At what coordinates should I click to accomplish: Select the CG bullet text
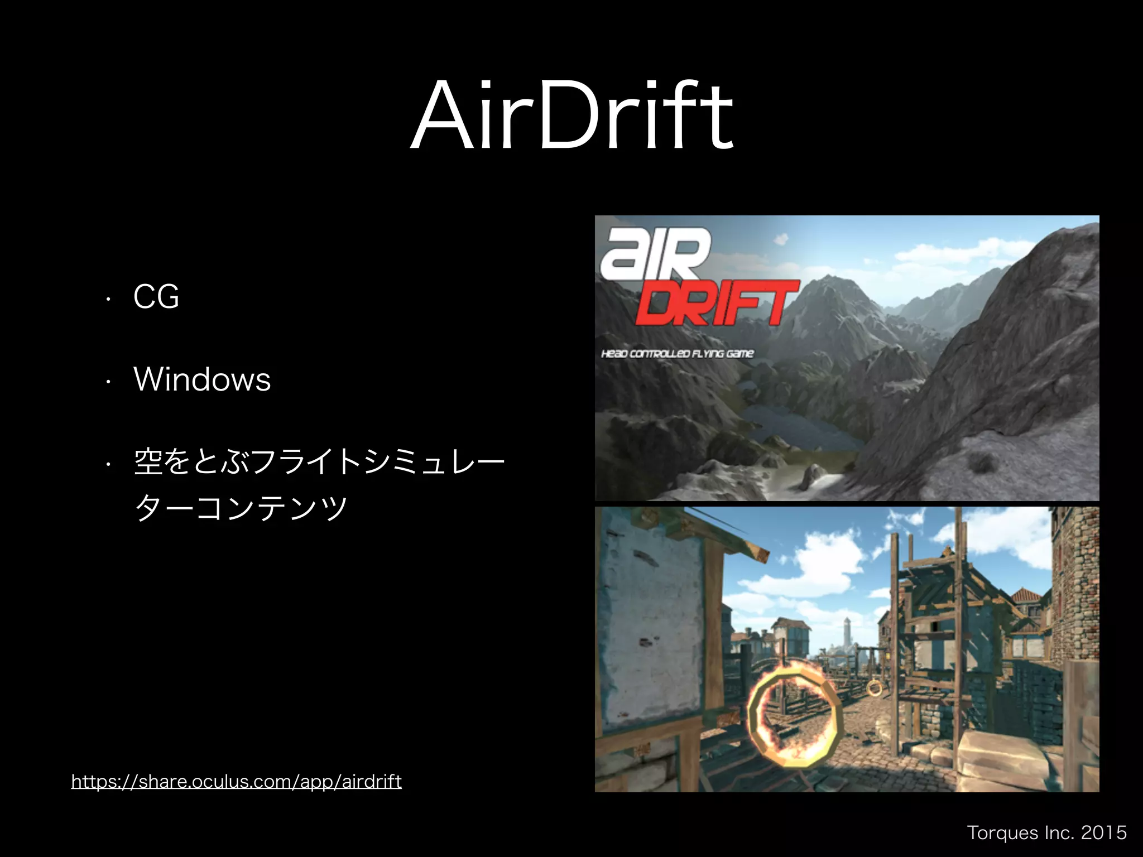(156, 296)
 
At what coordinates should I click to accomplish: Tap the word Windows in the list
(202, 380)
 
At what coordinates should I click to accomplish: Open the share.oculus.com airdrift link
(236, 781)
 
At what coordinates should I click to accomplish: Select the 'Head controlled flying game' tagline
(677, 354)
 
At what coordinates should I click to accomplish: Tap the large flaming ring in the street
(795, 720)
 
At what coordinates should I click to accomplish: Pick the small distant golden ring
(875, 688)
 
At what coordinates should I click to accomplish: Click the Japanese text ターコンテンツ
(241, 508)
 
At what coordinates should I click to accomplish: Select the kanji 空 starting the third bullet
(147, 462)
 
